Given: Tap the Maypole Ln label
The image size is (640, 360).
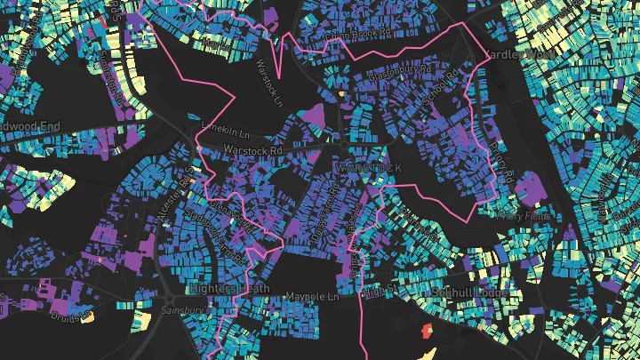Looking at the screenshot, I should click(x=312, y=296).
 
